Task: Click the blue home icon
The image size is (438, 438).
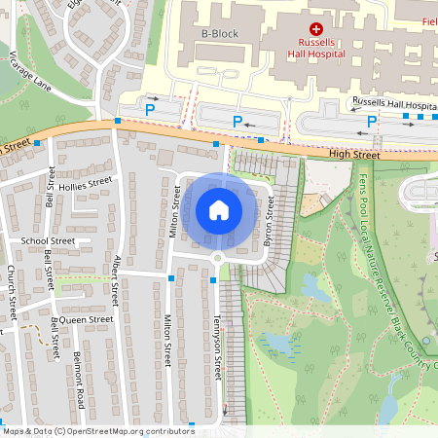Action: (219, 209)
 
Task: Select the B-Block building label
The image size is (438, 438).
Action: (219, 35)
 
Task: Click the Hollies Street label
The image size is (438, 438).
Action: (87, 182)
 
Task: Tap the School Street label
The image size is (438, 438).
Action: (48, 240)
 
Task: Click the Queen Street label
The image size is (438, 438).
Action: (88, 318)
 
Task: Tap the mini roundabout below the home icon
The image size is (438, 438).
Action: (218, 258)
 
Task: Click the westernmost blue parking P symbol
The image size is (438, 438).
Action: (149, 111)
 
